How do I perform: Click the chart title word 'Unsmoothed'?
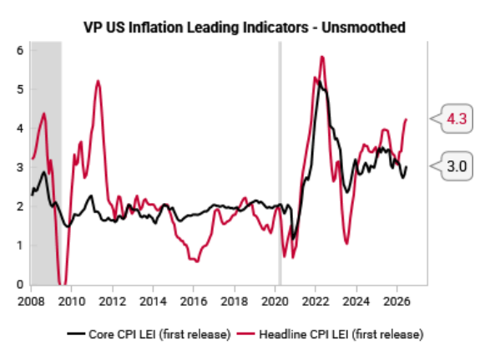pyautogui.click(x=363, y=28)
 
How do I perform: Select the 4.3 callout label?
pyautogui.click(x=457, y=119)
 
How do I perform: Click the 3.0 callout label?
pyautogui.click(x=457, y=166)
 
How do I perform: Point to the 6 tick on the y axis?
pyautogui.click(x=20, y=50)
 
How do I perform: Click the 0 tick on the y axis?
pyautogui.click(x=20, y=284)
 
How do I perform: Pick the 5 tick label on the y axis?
pyautogui.click(x=20, y=89)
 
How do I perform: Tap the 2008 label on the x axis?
pyautogui.click(x=31, y=302)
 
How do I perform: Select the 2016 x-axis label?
pyautogui.click(x=194, y=302)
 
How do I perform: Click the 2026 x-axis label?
pyautogui.click(x=397, y=302)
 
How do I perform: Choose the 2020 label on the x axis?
pyautogui.click(x=275, y=302)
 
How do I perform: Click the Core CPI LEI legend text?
pyautogui.click(x=159, y=334)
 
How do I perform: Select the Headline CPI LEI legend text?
pyautogui.click(x=341, y=334)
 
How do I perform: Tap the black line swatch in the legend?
pyautogui.click(x=76, y=333)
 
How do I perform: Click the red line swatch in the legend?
pyautogui.click(x=246, y=333)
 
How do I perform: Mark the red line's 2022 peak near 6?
pyautogui.click(x=322, y=57)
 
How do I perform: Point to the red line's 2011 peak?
pyautogui.click(x=98, y=81)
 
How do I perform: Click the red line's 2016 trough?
pyautogui.click(x=197, y=261)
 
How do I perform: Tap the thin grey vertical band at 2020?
pyautogui.click(x=280, y=163)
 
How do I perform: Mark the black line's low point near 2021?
pyautogui.click(x=293, y=238)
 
